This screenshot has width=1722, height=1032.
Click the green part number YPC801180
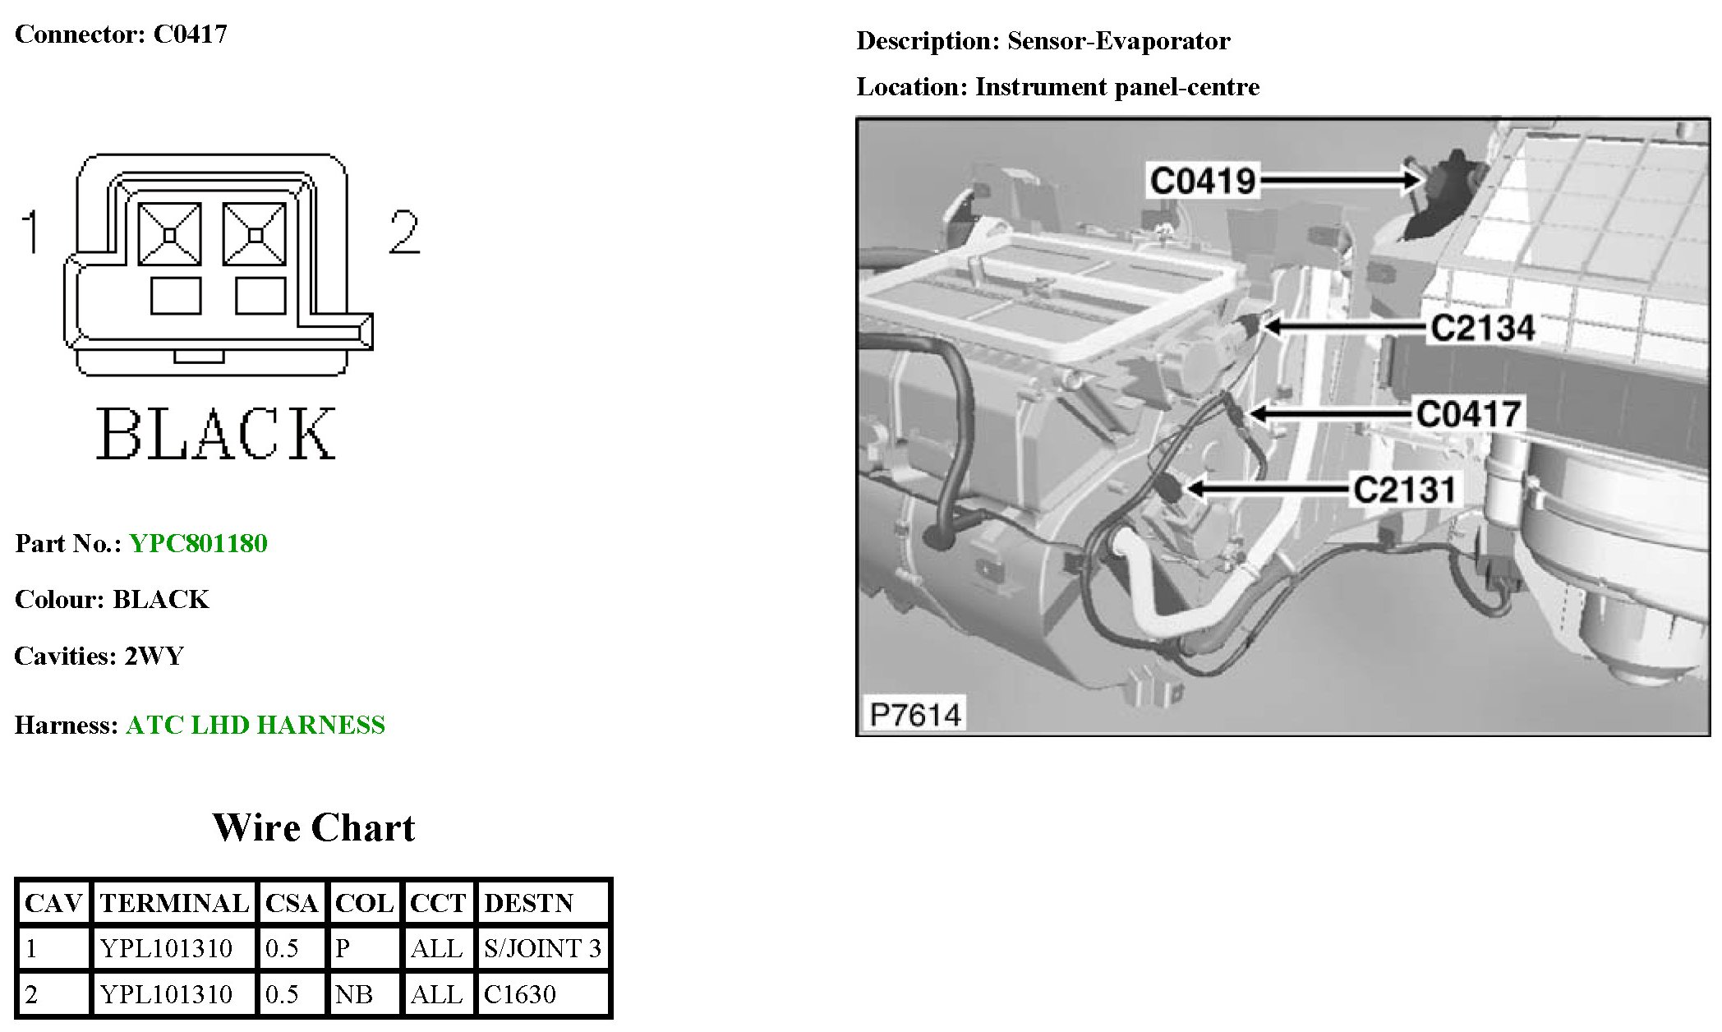point(198,543)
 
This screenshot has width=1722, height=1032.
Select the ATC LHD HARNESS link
point(255,725)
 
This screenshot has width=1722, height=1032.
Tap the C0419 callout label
point(1203,181)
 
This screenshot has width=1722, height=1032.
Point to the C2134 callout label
point(1482,328)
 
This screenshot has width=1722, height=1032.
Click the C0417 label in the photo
point(1469,413)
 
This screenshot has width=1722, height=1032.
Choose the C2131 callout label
point(1404,490)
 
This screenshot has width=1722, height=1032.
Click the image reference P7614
point(915,715)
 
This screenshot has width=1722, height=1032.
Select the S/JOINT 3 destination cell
point(542,948)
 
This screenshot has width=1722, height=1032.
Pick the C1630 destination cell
point(519,994)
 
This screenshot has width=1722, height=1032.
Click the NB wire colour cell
point(354,994)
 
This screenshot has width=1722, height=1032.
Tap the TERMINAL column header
point(174,903)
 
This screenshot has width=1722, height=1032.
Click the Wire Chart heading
point(314,827)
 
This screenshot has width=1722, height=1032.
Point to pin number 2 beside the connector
point(403,232)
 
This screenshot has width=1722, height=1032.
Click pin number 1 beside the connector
point(30,232)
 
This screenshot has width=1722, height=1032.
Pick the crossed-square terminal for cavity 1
point(170,235)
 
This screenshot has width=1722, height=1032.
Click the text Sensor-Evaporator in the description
point(1118,41)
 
